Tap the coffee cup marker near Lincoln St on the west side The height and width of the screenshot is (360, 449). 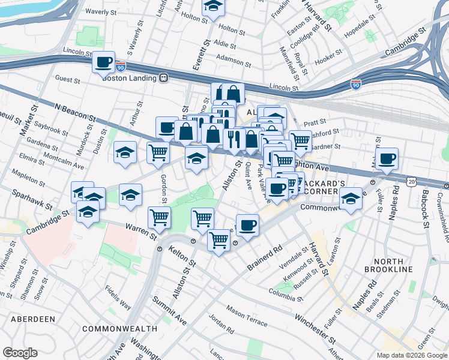[103, 62]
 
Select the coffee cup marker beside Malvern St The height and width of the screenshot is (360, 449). [388, 159]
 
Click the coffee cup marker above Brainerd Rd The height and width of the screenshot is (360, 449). [247, 226]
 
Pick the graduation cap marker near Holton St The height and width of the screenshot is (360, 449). [212, 7]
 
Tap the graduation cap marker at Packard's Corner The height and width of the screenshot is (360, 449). [350, 199]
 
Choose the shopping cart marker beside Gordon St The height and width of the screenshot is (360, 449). [158, 152]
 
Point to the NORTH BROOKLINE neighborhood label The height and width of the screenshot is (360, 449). [393, 265]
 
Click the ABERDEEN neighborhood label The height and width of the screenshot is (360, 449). [28, 319]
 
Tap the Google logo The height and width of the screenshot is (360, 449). [20, 353]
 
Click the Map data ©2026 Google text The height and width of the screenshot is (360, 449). [411, 355]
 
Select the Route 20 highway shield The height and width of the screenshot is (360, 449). [411, 181]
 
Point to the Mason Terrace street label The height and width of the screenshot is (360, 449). [247, 316]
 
